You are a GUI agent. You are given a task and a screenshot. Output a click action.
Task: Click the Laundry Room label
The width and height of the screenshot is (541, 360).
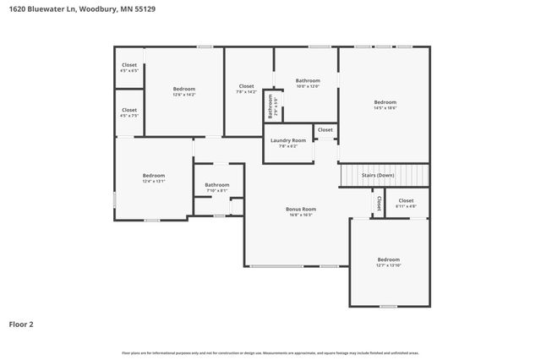[288, 140]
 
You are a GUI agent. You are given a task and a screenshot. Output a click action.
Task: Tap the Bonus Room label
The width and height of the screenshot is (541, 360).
[300, 209]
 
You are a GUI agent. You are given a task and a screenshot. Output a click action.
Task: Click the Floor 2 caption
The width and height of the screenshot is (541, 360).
[22, 324]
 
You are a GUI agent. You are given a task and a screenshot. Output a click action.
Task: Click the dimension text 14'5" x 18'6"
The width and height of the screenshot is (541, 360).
[385, 107]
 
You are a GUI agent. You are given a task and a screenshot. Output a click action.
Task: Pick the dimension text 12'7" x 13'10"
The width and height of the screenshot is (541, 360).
[388, 265]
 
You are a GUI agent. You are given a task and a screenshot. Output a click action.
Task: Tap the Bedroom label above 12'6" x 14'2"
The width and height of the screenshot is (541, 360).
[184, 89]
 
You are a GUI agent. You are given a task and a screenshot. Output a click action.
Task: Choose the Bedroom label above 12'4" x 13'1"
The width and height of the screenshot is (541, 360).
[153, 175]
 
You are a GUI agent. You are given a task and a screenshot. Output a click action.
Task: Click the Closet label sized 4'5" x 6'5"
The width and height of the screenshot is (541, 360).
[129, 65]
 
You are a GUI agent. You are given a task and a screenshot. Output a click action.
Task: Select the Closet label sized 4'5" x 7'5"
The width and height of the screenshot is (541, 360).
[129, 110]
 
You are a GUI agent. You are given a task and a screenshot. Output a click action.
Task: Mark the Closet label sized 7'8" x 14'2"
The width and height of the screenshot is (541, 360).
[246, 85]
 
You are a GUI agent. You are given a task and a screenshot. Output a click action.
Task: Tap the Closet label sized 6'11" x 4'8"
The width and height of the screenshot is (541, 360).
[406, 200]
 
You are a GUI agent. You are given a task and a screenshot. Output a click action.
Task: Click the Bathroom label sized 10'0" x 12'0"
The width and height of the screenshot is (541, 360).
[308, 80]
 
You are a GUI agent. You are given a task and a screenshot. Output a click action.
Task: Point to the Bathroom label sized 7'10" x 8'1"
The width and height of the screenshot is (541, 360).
[217, 184]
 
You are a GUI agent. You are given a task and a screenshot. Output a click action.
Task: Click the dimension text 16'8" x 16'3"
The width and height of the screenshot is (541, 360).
[300, 215]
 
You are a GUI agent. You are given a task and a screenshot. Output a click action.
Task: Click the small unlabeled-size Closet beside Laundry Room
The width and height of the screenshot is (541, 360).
[325, 129]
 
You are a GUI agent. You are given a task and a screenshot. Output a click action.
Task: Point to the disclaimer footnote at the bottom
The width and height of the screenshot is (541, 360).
[270, 352]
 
